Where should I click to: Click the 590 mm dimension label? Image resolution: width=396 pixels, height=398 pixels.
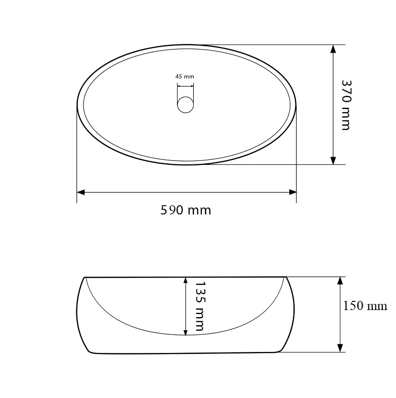186,210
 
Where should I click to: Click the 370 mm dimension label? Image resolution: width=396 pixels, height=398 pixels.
346,105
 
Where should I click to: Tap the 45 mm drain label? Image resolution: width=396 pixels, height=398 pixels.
185,76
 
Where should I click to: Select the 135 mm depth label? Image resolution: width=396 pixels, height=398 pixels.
200,306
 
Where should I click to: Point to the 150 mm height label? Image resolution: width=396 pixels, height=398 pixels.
365,306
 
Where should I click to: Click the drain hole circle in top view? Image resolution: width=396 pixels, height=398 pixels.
185,105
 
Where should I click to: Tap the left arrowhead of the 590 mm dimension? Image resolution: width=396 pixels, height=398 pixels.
80,192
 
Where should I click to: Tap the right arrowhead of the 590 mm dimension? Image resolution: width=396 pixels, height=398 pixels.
293,192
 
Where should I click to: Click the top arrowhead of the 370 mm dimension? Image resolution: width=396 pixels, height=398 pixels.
333,49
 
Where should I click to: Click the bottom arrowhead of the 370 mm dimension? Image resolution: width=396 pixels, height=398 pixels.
333,160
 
